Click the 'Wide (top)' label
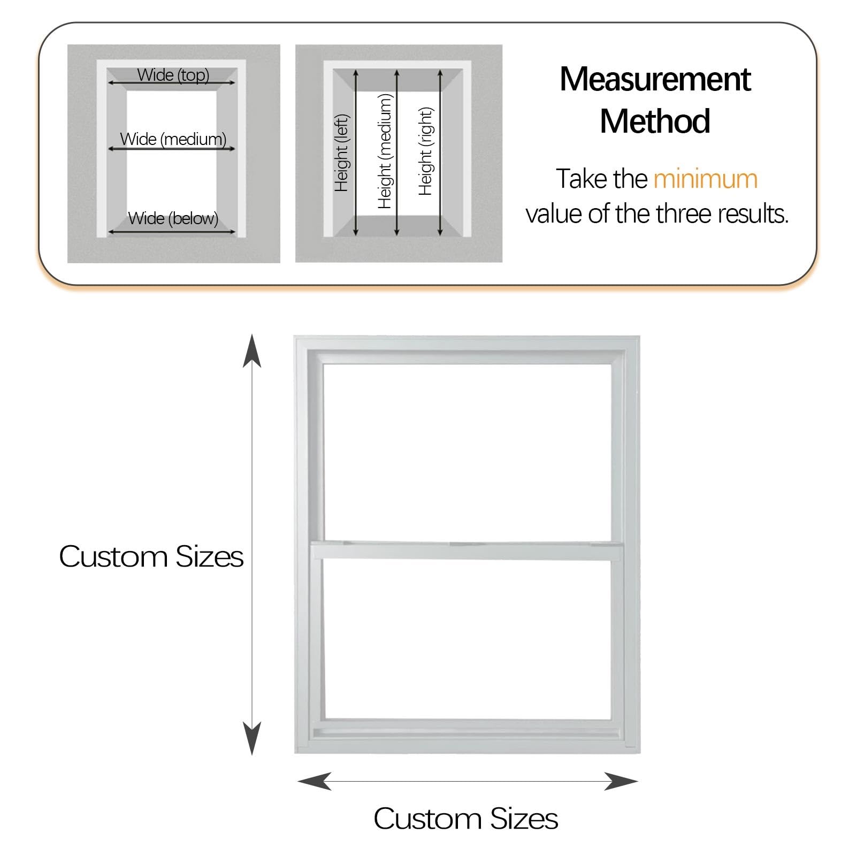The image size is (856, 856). point(173,75)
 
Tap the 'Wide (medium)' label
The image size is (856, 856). point(173,139)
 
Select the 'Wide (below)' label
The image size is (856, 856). point(173,218)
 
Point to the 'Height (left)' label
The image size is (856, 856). point(341,153)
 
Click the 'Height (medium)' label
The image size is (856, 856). point(385,151)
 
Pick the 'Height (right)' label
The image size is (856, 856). point(425,151)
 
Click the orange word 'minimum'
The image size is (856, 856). point(705,179)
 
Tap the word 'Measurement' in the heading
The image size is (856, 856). point(655,79)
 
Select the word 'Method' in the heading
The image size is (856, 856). point(655,121)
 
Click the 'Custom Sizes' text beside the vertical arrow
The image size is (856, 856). point(151,556)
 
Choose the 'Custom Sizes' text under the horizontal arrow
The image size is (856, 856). point(466,819)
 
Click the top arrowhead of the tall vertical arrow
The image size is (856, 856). point(252,350)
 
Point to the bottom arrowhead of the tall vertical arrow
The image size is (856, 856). point(252,738)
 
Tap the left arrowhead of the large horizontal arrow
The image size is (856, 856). point(314,781)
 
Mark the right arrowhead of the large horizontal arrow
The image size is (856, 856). point(621,781)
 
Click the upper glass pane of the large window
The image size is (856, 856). point(468,453)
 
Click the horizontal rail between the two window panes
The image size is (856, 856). point(467,551)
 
